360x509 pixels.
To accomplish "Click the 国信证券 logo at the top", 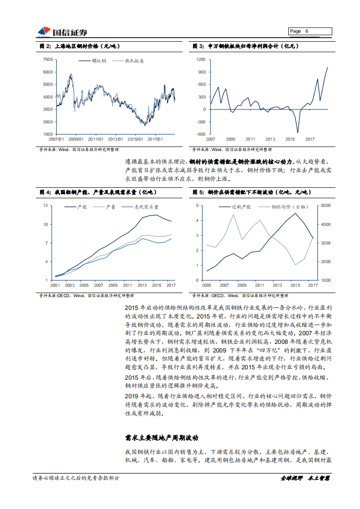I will pyautogui.click(x=62, y=31).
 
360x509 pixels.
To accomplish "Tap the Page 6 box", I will pyautogui.click(x=310, y=31).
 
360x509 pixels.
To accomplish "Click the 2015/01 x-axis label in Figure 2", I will pyautogui.click(x=135, y=139).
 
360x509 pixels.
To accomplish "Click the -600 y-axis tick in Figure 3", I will pyautogui.click(x=200, y=134).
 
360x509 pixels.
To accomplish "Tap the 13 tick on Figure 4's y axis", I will pyautogui.click(x=45, y=206).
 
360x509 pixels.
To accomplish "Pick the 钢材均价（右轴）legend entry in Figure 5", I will pyautogui.click(x=289, y=207).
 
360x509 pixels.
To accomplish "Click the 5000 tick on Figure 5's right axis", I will pyautogui.click(x=326, y=206).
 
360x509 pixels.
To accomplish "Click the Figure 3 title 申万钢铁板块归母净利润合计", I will pyautogui.click(x=245, y=47).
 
